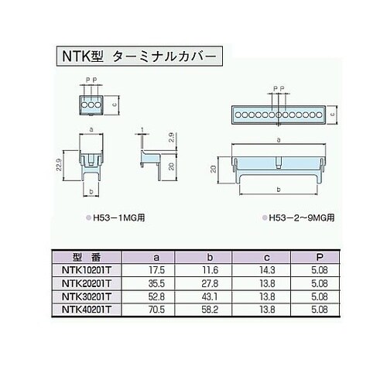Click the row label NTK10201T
[x=86, y=271]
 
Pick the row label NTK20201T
[x=86, y=283]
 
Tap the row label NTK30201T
[x=86, y=296]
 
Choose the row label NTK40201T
[x=86, y=308]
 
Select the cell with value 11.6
[x=210, y=271]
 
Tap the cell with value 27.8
[x=210, y=283]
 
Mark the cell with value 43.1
[x=210, y=296]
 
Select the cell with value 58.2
[x=210, y=308]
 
